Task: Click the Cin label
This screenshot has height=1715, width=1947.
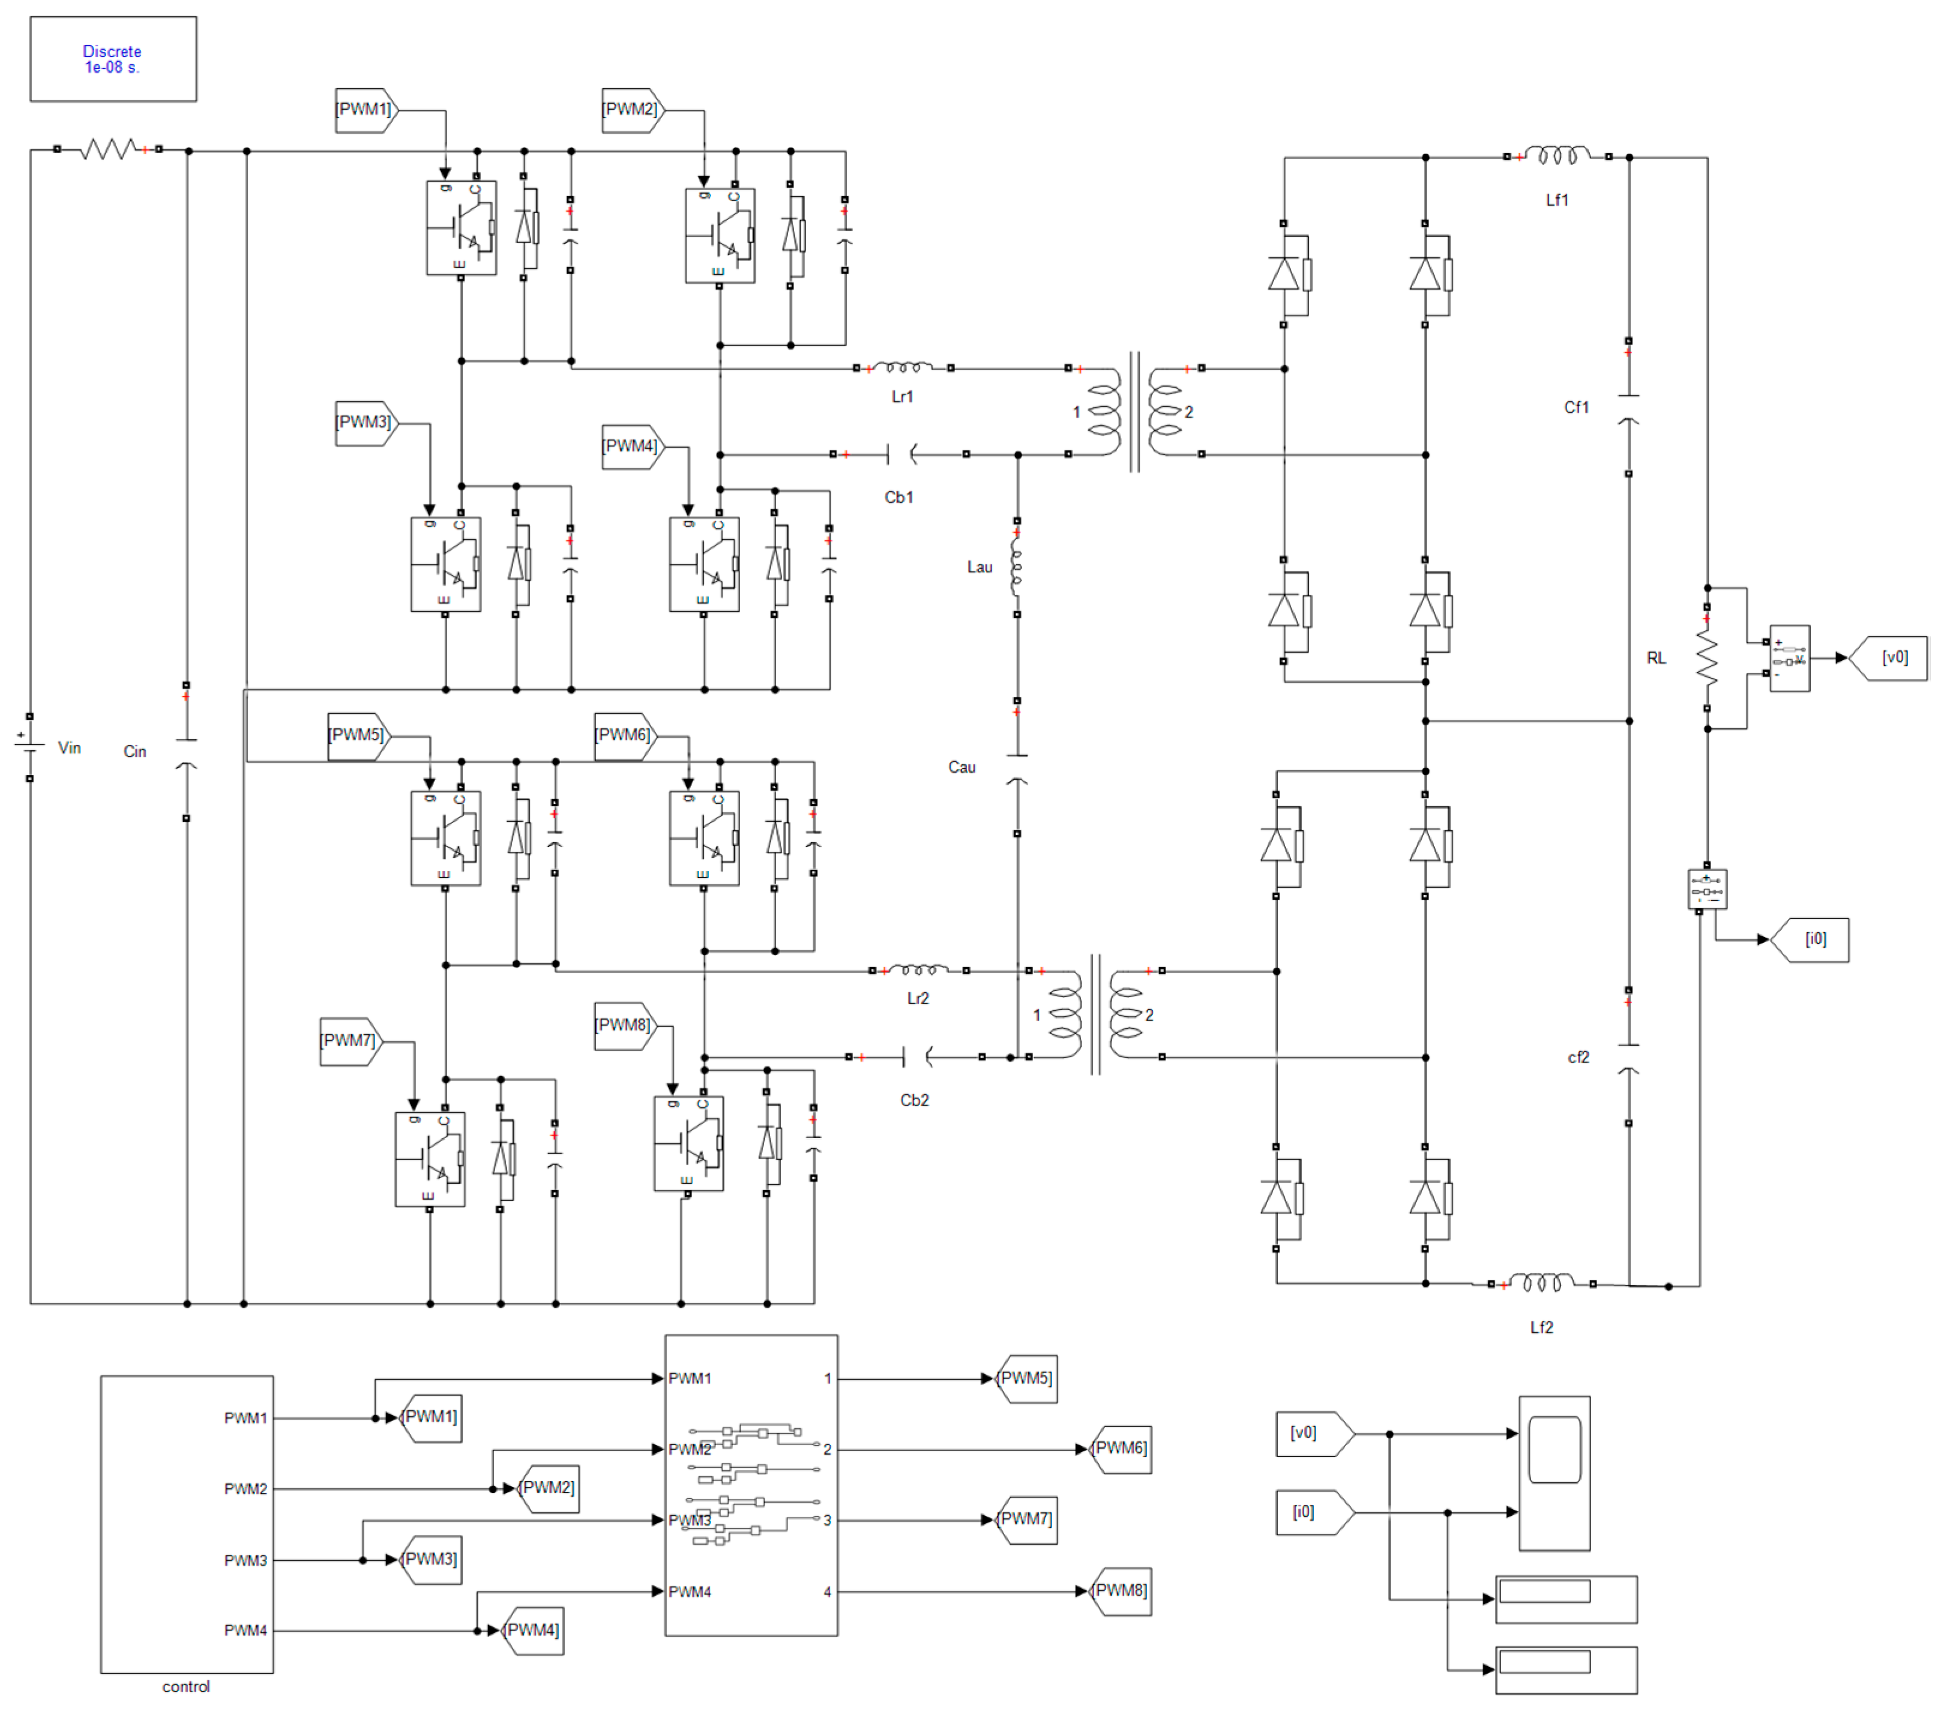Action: coord(134,751)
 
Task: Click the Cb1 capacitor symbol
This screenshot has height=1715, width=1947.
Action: coord(901,454)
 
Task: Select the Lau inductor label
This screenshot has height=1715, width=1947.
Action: coord(980,567)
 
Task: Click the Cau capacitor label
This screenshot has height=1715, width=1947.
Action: coord(961,767)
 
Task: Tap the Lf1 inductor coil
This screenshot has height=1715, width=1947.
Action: coord(1556,155)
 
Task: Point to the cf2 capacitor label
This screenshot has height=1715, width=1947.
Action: coord(1577,1057)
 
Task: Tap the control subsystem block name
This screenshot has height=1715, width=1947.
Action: coord(185,1686)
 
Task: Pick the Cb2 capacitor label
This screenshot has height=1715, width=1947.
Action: coord(913,1100)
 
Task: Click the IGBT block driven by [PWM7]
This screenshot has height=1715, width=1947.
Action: coord(430,1159)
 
